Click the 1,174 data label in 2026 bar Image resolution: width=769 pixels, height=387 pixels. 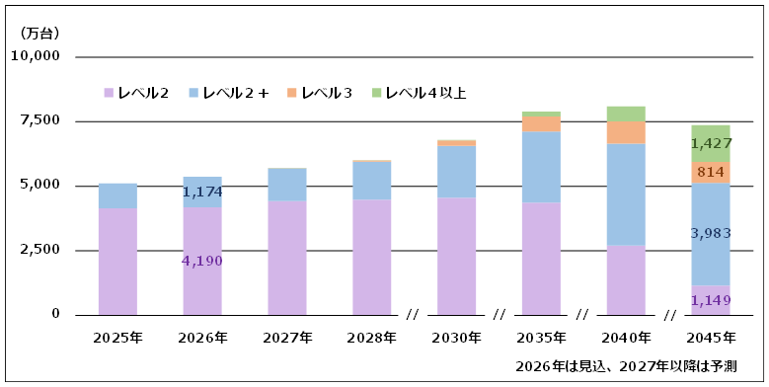coord(202,192)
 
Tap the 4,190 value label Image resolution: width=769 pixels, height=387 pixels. coord(202,261)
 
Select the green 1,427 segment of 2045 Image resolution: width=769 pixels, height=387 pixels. coord(711,143)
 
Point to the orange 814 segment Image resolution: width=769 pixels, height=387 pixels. coord(711,173)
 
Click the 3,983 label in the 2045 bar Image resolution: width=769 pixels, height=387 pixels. coord(711,233)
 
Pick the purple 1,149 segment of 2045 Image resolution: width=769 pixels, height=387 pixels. coord(711,300)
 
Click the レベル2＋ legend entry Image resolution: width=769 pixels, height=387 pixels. coord(229,93)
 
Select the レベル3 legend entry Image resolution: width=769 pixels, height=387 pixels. coord(320,93)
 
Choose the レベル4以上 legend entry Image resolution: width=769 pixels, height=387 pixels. coord(419,93)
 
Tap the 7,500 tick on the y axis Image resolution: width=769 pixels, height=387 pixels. coord(41,121)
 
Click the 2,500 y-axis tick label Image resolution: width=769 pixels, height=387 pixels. coord(41,250)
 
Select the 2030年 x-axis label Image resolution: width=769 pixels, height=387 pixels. coord(457,338)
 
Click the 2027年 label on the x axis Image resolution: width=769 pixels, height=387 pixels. coord(287,338)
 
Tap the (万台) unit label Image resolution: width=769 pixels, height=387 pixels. coord(39,34)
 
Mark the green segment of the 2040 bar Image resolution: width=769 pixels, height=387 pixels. coord(626,114)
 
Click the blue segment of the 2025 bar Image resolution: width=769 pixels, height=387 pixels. coord(117,195)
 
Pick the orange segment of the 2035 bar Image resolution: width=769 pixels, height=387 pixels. coord(541,124)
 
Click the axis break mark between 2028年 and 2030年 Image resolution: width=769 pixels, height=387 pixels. coord(413,315)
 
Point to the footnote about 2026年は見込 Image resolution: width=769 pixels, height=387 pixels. coord(625,366)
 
